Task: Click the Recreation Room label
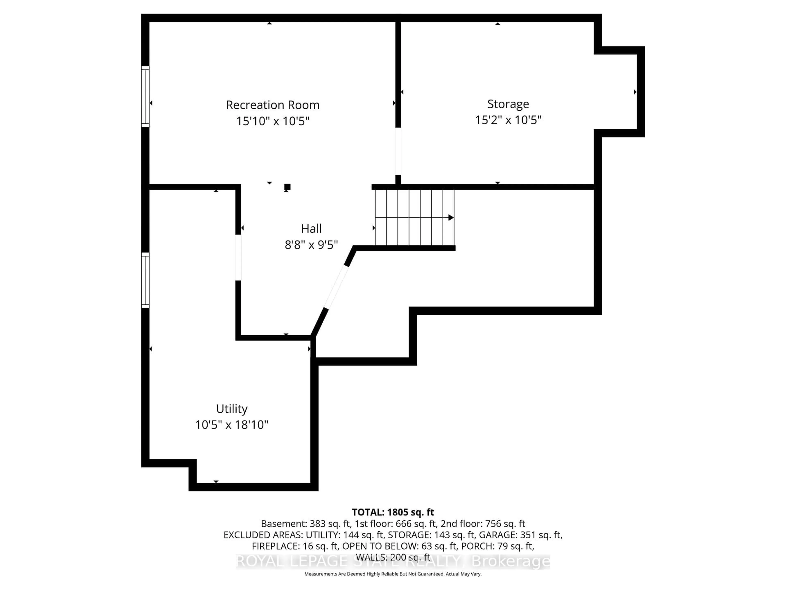tap(273, 105)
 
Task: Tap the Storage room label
tap(508, 104)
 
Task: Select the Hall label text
tap(311, 228)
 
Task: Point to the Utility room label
tap(232, 409)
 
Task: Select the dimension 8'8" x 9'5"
tap(311, 245)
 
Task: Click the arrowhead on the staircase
tap(451, 217)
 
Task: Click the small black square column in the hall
tap(287, 187)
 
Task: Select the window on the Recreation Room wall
tap(145, 96)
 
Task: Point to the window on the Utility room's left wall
tap(145, 280)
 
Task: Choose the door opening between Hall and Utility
tap(238, 258)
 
